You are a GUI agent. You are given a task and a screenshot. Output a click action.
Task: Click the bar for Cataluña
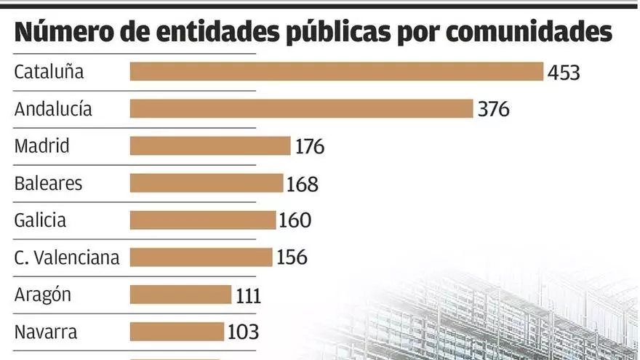[337, 71]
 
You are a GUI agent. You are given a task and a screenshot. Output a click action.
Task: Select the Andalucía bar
[302, 108]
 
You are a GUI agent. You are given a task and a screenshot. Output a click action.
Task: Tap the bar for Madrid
[210, 145]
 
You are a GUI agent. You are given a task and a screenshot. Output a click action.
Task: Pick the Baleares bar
[207, 183]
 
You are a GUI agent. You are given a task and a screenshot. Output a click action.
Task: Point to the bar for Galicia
[203, 220]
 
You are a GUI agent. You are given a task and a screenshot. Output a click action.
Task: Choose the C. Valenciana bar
[201, 257]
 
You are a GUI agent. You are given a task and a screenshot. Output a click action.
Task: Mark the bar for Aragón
[180, 295]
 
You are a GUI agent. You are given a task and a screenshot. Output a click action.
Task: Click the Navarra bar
[177, 332]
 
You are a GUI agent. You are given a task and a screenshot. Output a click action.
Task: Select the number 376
[494, 110]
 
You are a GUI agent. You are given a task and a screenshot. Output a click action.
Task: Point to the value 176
[310, 147]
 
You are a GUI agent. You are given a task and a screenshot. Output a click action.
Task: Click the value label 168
[303, 184]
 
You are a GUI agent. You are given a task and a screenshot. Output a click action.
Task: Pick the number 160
[295, 220]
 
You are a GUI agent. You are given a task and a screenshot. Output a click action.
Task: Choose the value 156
[292, 257]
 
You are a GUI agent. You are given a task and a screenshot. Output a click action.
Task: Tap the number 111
[249, 295]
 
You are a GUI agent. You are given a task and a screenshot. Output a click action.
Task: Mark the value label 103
[243, 332]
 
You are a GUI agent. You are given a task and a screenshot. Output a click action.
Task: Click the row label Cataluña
[49, 72]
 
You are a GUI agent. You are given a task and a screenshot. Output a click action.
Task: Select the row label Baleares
[48, 183]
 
